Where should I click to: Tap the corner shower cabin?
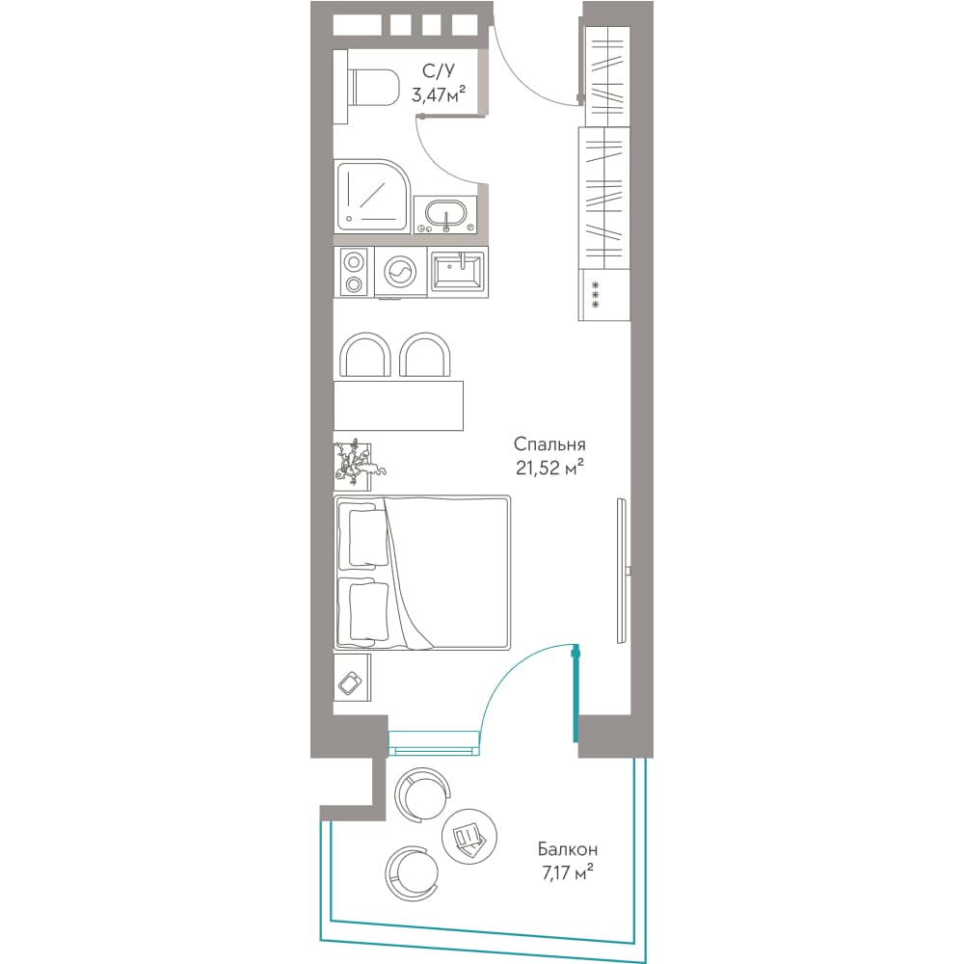(x=372, y=195)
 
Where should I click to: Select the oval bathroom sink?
(x=445, y=214)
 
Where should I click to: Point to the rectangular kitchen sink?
(x=457, y=271)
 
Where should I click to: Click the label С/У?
(x=439, y=71)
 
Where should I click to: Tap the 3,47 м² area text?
(x=439, y=94)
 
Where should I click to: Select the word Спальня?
(x=549, y=444)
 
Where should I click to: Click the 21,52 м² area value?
(x=549, y=469)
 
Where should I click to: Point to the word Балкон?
(x=568, y=849)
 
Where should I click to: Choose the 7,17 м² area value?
(x=568, y=872)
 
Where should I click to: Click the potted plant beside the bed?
(x=357, y=460)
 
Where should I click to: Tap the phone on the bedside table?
(x=350, y=683)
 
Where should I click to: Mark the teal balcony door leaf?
(x=576, y=693)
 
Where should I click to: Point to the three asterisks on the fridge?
(x=595, y=295)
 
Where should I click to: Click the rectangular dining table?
(x=398, y=406)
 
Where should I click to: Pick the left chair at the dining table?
(x=365, y=355)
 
